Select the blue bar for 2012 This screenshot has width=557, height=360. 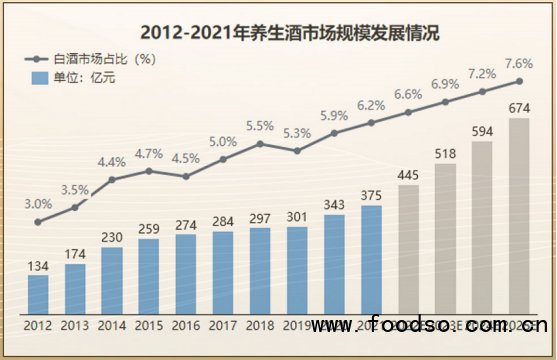tap(38, 291)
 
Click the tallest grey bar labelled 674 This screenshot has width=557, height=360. tap(519, 215)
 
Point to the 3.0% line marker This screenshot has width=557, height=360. tap(38, 222)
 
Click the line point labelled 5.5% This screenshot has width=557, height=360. tap(260, 143)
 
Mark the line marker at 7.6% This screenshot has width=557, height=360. tap(519, 81)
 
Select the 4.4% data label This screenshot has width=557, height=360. tap(112, 162)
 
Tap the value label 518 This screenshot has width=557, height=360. tap(445, 153)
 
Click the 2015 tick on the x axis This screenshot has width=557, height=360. tap(149, 325)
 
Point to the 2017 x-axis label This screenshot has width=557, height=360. tap(223, 325)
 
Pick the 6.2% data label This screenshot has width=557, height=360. tap(371, 105)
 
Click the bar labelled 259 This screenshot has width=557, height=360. tap(149, 274)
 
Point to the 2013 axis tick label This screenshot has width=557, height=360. tap(75, 325)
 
